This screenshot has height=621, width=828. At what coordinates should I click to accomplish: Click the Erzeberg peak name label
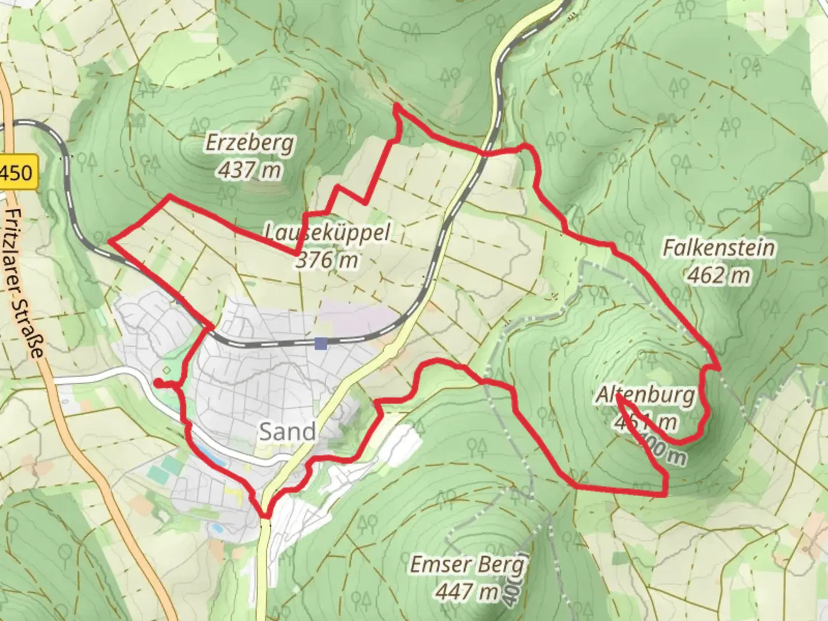click(x=250, y=143)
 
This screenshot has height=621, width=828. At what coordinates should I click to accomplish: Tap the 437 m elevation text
click(x=250, y=170)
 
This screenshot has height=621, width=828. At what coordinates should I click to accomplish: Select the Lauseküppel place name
click(x=327, y=232)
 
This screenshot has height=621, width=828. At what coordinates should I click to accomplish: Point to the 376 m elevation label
click(x=327, y=260)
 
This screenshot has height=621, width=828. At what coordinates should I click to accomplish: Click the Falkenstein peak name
click(x=719, y=248)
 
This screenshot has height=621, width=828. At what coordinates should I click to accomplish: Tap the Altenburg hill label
click(x=645, y=396)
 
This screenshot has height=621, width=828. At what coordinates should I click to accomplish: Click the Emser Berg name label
click(x=467, y=565)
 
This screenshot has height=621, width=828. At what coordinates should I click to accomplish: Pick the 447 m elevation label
click(x=467, y=591)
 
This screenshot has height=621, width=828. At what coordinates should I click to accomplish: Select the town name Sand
click(x=287, y=431)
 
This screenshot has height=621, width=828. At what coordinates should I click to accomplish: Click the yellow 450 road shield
click(x=17, y=172)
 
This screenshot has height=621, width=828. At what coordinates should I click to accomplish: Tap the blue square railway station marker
click(x=321, y=344)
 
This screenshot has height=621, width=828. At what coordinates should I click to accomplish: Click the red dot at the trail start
click(x=157, y=383)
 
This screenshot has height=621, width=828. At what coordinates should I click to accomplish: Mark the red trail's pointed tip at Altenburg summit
click(x=618, y=395)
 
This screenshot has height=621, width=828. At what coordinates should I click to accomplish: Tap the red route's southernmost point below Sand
click(x=264, y=516)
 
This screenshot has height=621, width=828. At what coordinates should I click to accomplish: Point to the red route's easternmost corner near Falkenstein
click(x=719, y=366)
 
